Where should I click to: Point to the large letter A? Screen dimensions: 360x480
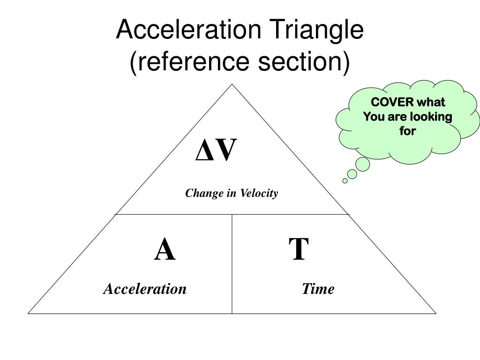(165, 250)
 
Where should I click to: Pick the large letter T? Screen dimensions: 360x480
(299, 250)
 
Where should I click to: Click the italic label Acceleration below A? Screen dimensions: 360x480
(145, 289)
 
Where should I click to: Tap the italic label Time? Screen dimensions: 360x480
(318, 289)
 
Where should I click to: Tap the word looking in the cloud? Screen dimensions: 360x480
(431, 117)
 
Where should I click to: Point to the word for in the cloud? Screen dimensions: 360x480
(407, 131)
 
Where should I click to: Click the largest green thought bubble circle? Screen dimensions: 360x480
(362, 164)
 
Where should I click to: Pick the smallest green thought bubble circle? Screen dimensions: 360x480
(345, 180)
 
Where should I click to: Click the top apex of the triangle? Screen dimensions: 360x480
(232, 84)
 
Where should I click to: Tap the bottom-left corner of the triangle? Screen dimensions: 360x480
(29, 313)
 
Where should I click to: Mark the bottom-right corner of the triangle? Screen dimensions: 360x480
(435, 313)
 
